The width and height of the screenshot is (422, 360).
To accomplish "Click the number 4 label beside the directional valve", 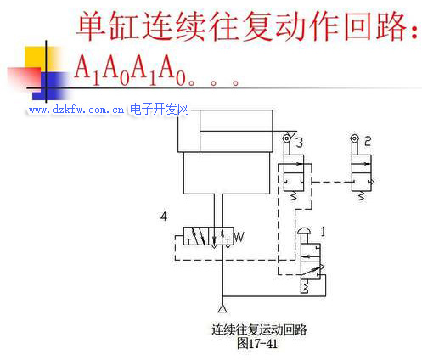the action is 164,217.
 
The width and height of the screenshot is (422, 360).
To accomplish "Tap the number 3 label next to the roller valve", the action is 299,143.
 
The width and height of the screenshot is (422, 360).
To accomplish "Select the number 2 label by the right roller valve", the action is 368,141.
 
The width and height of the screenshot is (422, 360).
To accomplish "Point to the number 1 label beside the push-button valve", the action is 323,232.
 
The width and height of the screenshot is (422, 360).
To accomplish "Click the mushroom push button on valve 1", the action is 304,231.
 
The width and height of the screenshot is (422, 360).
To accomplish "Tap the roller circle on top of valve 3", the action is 286,138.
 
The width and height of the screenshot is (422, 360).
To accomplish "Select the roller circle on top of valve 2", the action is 354,138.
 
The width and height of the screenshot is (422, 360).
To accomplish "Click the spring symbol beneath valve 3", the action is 294,196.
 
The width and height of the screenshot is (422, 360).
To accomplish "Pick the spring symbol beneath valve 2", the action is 361,196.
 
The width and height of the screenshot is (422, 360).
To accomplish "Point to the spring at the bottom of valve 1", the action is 305,286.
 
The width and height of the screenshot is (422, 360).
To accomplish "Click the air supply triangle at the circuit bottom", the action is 222,308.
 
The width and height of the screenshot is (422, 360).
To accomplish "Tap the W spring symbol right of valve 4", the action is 239,237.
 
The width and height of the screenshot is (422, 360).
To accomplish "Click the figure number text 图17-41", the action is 257,344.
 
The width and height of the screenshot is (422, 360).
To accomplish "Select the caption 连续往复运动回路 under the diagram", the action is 259,330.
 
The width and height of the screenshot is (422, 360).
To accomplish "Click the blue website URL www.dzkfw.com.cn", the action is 76,110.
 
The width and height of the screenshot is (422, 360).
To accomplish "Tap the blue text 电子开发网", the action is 160,110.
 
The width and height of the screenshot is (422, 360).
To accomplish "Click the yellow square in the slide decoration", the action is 40,59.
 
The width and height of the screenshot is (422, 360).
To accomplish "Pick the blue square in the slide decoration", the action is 51,86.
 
